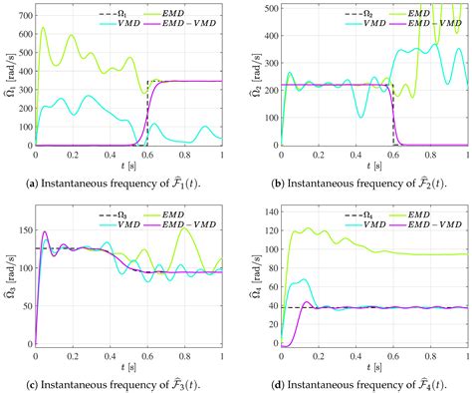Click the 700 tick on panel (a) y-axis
23,6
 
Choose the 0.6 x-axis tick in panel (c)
147,356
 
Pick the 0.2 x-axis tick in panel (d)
319,356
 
